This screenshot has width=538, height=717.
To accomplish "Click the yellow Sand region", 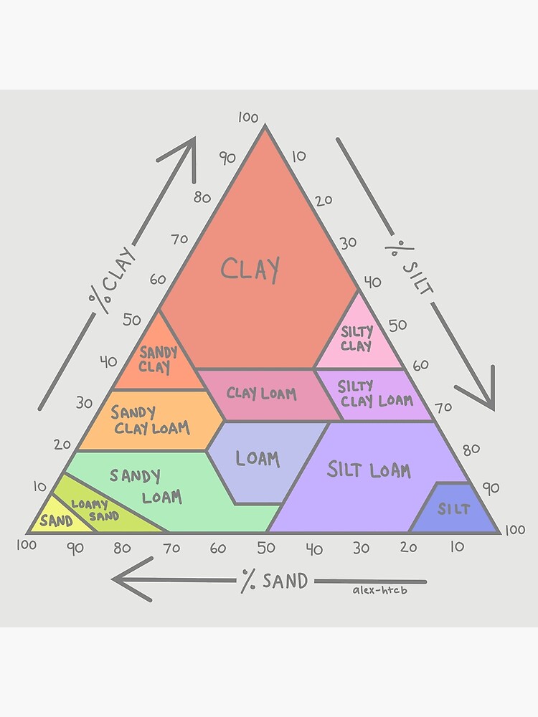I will [x=56, y=521].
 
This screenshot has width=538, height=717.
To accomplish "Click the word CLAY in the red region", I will [x=250, y=270].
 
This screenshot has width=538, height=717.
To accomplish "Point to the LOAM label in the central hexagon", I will [x=257, y=458].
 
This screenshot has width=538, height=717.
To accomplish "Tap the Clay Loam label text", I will [x=261, y=394].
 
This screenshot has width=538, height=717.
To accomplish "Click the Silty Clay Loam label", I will [x=374, y=394].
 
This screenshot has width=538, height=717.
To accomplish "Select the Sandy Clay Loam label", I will [x=149, y=421].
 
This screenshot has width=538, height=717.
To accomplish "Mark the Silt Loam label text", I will [x=369, y=470].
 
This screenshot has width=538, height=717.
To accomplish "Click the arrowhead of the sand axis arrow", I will [x=122, y=579].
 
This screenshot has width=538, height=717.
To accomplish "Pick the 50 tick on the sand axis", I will [x=265, y=549].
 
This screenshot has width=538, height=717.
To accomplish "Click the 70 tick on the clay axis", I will [x=179, y=239].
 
